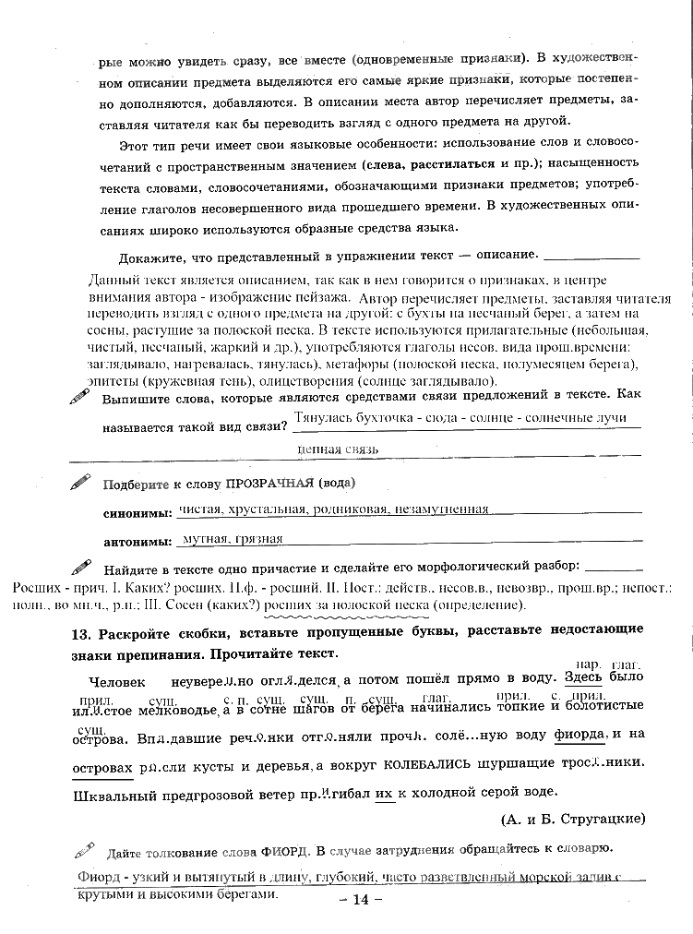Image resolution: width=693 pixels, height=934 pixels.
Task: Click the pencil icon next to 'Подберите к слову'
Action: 81,481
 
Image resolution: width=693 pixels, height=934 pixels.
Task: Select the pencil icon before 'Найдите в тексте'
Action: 81,565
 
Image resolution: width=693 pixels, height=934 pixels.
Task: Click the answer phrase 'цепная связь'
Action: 338,449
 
